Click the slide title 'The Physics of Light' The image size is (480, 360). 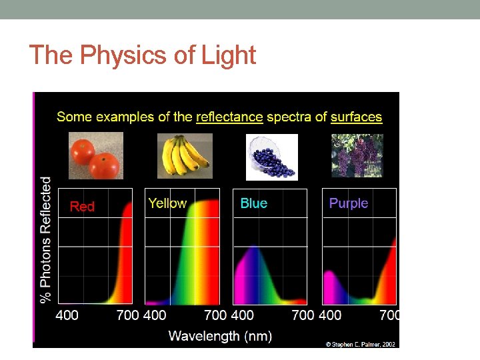[143, 55]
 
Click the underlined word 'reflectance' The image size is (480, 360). [229, 117]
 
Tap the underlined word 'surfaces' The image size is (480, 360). [356, 117]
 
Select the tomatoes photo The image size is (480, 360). [96, 156]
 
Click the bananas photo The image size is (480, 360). [185, 156]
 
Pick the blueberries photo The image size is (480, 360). [271, 157]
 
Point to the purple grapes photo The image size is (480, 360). [357, 155]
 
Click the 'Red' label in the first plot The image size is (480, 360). [82, 207]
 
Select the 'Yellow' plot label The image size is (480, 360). [167, 203]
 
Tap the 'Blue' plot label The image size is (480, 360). [253, 203]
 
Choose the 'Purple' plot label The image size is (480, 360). [348, 203]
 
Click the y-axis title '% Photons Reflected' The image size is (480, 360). [46, 239]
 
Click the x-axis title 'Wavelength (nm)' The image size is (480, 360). [220, 336]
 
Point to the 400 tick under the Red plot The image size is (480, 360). [67, 315]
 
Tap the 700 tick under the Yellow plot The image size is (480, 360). [215, 315]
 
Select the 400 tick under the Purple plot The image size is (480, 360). [329, 315]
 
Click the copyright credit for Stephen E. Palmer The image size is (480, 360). [360, 344]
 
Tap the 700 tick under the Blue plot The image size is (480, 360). [303, 315]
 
